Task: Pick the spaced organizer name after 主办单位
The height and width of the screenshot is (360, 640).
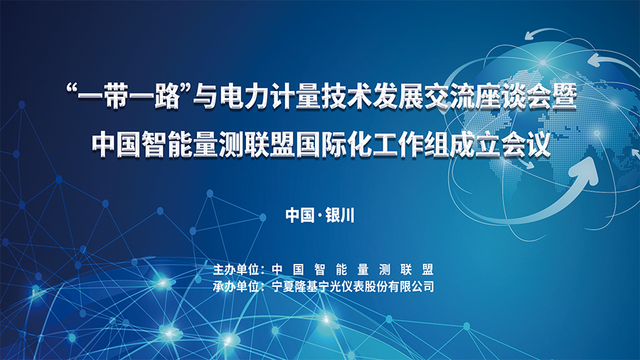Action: pyautogui.click(x=353, y=270)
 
